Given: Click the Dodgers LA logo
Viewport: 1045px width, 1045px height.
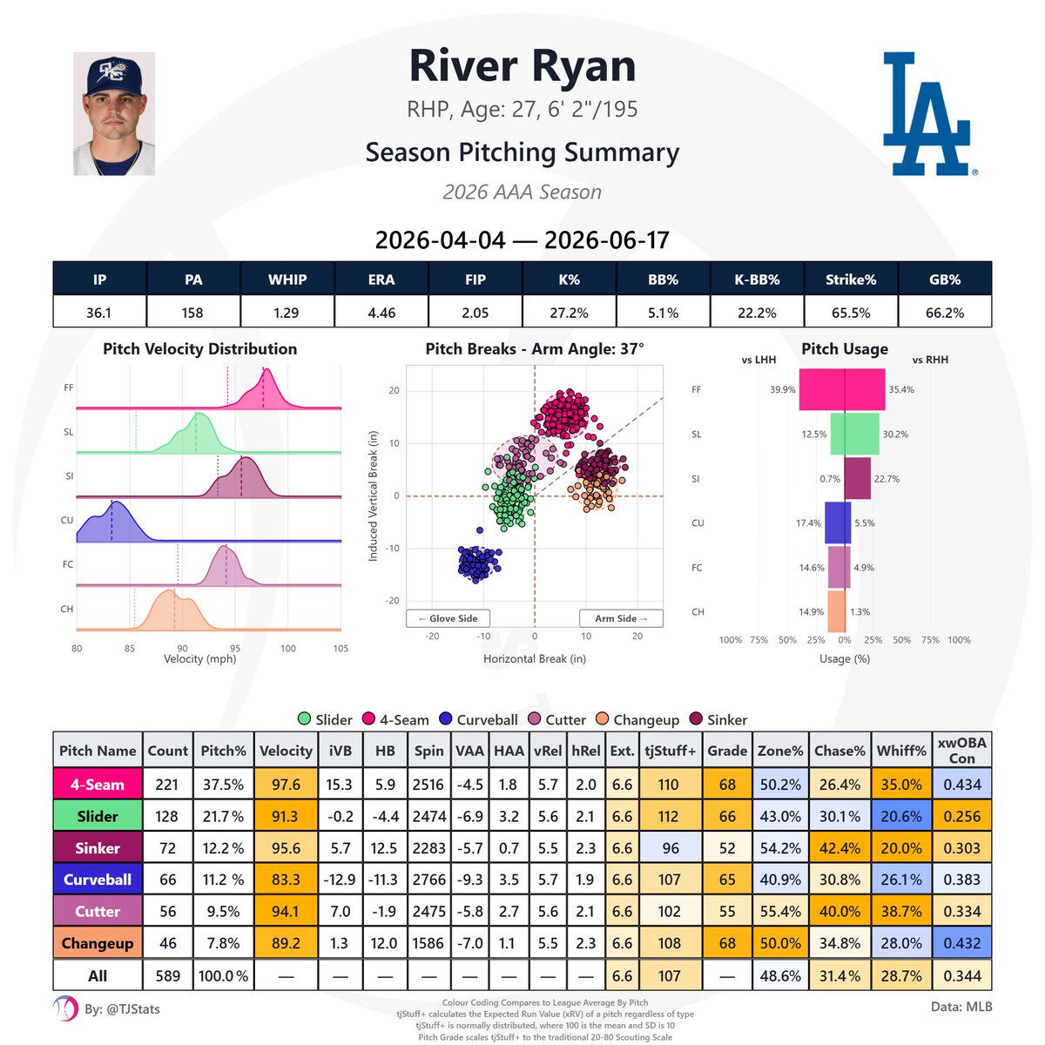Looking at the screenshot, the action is tap(928, 114).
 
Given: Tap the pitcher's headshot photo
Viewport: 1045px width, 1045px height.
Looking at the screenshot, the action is tap(114, 113).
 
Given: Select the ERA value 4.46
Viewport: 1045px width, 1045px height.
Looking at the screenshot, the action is tap(381, 313).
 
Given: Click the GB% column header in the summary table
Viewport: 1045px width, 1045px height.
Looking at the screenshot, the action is tap(944, 280).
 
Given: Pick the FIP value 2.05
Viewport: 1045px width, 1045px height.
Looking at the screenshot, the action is tap(475, 313).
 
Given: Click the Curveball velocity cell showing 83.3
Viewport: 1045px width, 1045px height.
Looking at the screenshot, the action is tap(286, 879).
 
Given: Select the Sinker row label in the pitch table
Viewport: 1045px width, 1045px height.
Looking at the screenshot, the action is tap(98, 847).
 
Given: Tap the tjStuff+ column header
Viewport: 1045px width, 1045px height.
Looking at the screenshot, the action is tap(671, 751).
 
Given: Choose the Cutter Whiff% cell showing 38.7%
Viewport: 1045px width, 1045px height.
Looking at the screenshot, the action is tap(901, 911).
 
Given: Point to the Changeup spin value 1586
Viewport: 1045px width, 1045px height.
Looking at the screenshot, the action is tap(428, 943).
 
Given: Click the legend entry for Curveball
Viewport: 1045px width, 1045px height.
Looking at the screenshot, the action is tap(479, 719).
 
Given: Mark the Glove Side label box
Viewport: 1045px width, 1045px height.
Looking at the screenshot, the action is tap(448, 618).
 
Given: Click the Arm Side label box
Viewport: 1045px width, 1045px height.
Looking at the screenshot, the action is tap(621, 618).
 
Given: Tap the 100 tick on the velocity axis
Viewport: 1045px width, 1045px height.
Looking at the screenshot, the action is tap(288, 648).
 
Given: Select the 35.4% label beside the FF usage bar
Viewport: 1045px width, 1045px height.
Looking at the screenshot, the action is tap(900, 389).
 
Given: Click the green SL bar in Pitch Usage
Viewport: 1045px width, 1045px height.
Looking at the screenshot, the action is tap(854, 434).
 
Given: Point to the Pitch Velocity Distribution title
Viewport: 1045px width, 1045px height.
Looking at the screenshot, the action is tap(200, 348).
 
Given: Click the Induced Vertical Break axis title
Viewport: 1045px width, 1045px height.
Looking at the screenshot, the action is tap(373, 496).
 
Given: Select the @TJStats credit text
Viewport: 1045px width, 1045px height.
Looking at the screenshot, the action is tap(122, 1008).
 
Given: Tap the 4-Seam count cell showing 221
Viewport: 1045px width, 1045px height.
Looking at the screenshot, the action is tap(167, 784).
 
